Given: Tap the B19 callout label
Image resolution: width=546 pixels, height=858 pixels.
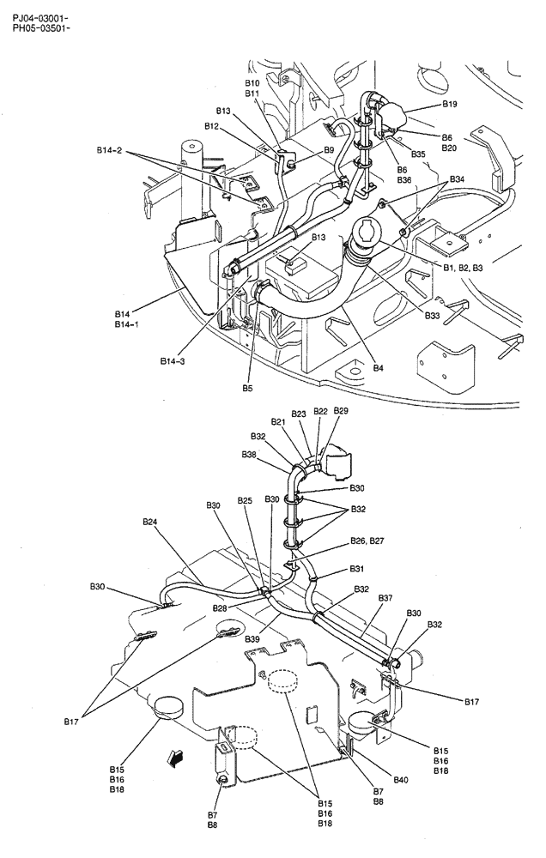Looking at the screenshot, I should click(450, 104).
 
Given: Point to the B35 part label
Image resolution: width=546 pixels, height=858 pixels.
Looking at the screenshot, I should click(418, 154).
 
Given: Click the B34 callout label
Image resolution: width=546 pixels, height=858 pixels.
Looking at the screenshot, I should click(457, 179).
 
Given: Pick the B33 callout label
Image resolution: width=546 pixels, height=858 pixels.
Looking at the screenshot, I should click(432, 316).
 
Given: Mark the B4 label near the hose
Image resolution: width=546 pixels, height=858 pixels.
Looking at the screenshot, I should click(379, 368).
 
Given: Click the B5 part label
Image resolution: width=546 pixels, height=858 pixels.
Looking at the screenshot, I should click(247, 388).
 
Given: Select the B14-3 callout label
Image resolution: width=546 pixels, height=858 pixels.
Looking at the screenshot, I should click(173, 361).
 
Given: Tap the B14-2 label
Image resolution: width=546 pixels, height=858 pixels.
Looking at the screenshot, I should click(110, 152).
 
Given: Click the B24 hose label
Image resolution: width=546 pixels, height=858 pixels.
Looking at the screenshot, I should click(150, 521).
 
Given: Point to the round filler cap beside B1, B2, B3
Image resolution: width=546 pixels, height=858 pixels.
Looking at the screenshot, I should click(365, 233).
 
